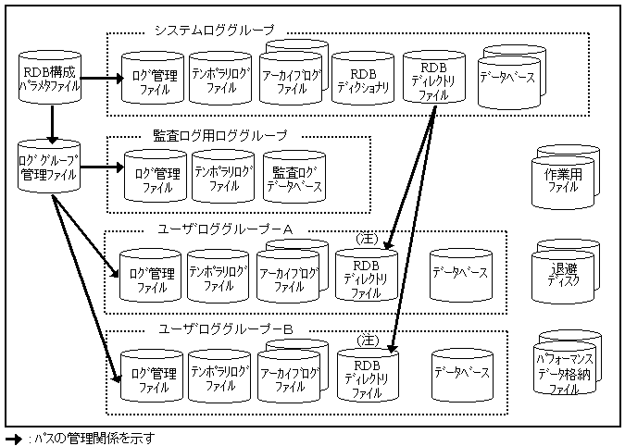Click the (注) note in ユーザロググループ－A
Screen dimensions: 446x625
pos(366,240)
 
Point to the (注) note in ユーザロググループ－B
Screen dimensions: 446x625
pos(366,340)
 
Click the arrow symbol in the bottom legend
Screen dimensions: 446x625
pos(12,439)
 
